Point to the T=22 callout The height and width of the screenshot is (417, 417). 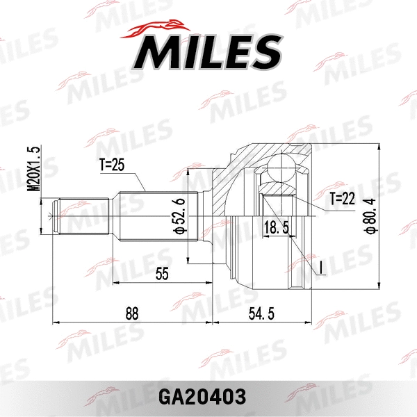[342, 199]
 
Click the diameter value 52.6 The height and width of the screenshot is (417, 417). [179, 215]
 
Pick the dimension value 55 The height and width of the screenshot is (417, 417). [162, 274]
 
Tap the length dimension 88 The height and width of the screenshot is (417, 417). [131, 313]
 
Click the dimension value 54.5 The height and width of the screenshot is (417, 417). [263, 313]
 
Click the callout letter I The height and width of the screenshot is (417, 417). [322, 267]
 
